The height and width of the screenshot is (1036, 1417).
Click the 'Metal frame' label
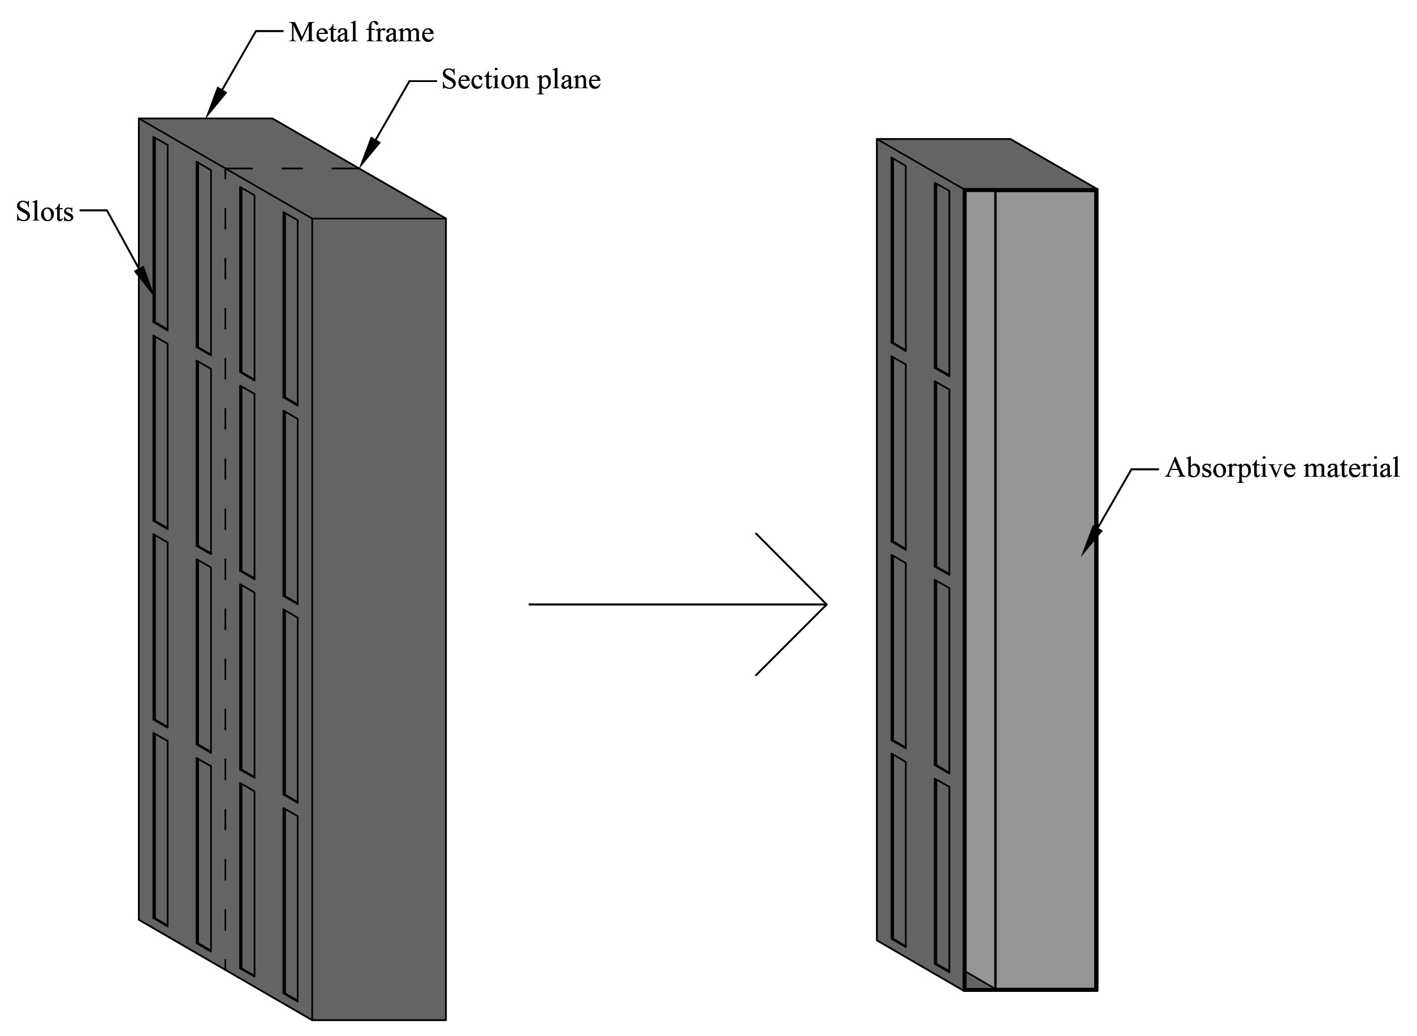361,33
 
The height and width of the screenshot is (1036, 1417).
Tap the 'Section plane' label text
520,80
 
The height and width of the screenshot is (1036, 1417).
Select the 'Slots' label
45,212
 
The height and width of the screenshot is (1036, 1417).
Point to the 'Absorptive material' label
1282,468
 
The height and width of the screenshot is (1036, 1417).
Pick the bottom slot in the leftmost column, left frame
161,830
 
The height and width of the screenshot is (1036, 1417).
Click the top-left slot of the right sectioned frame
898,253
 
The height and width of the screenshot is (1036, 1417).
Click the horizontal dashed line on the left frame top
292,168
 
